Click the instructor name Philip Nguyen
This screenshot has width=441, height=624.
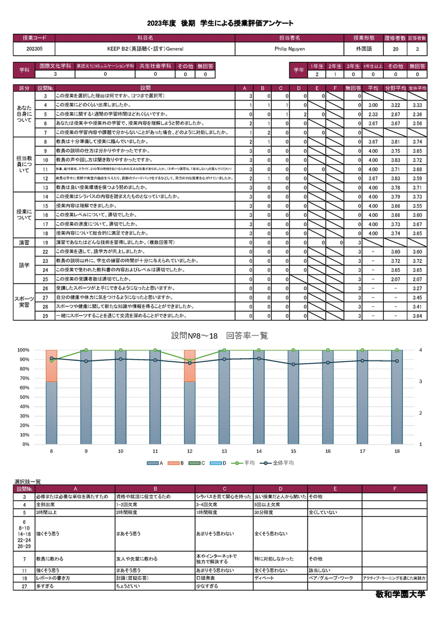289,49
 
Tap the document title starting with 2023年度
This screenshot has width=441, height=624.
220,23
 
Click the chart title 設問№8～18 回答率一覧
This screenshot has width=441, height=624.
219,335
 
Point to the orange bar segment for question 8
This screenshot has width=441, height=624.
51,365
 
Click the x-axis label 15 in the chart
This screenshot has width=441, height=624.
293,451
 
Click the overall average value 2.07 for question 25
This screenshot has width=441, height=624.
417,279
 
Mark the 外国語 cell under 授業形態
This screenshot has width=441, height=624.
364,49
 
